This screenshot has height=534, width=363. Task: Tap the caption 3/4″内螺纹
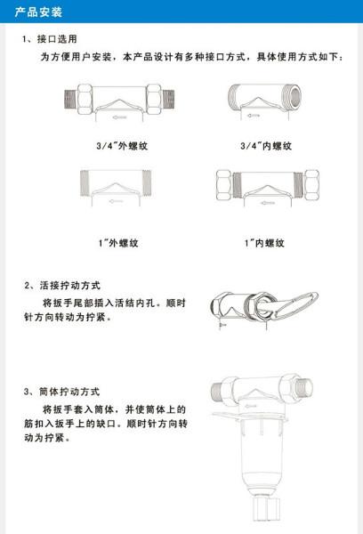(267, 144)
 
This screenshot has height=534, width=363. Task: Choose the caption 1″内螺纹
(267, 242)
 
